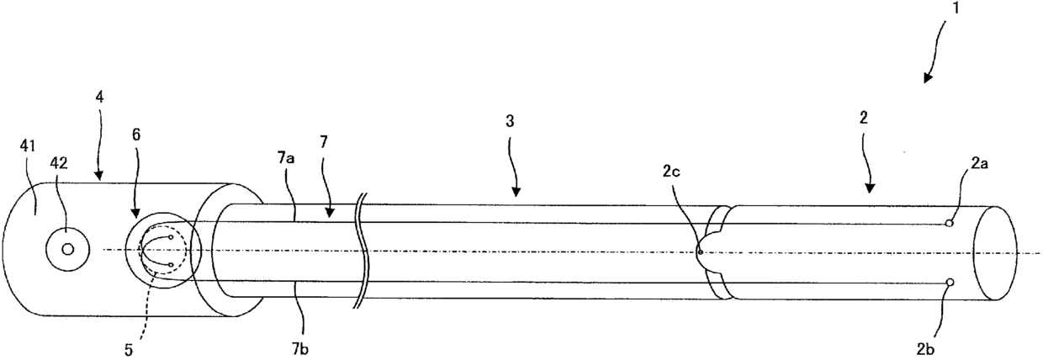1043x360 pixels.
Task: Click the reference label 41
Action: (28, 146)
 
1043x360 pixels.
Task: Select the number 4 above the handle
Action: (99, 97)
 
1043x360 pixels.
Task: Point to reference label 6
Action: (136, 135)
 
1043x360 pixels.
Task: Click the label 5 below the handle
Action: (129, 350)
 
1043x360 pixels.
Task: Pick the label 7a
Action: (286, 159)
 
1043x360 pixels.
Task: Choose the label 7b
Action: (300, 349)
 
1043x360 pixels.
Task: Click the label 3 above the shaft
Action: (510, 122)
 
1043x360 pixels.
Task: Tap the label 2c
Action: (671, 172)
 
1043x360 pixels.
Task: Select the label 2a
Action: (980, 163)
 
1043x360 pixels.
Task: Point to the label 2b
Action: (925, 349)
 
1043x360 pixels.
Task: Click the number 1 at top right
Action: (954, 8)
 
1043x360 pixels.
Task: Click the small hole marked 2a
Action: (950, 224)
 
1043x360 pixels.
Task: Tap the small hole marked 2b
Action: (950, 283)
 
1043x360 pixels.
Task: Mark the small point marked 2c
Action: (700, 252)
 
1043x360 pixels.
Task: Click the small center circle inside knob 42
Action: (68, 250)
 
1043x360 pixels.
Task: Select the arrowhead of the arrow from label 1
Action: (928, 78)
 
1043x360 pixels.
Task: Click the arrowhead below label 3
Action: (516, 191)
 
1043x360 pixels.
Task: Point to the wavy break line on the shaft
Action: (361, 251)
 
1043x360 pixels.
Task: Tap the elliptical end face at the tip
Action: (996, 253)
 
